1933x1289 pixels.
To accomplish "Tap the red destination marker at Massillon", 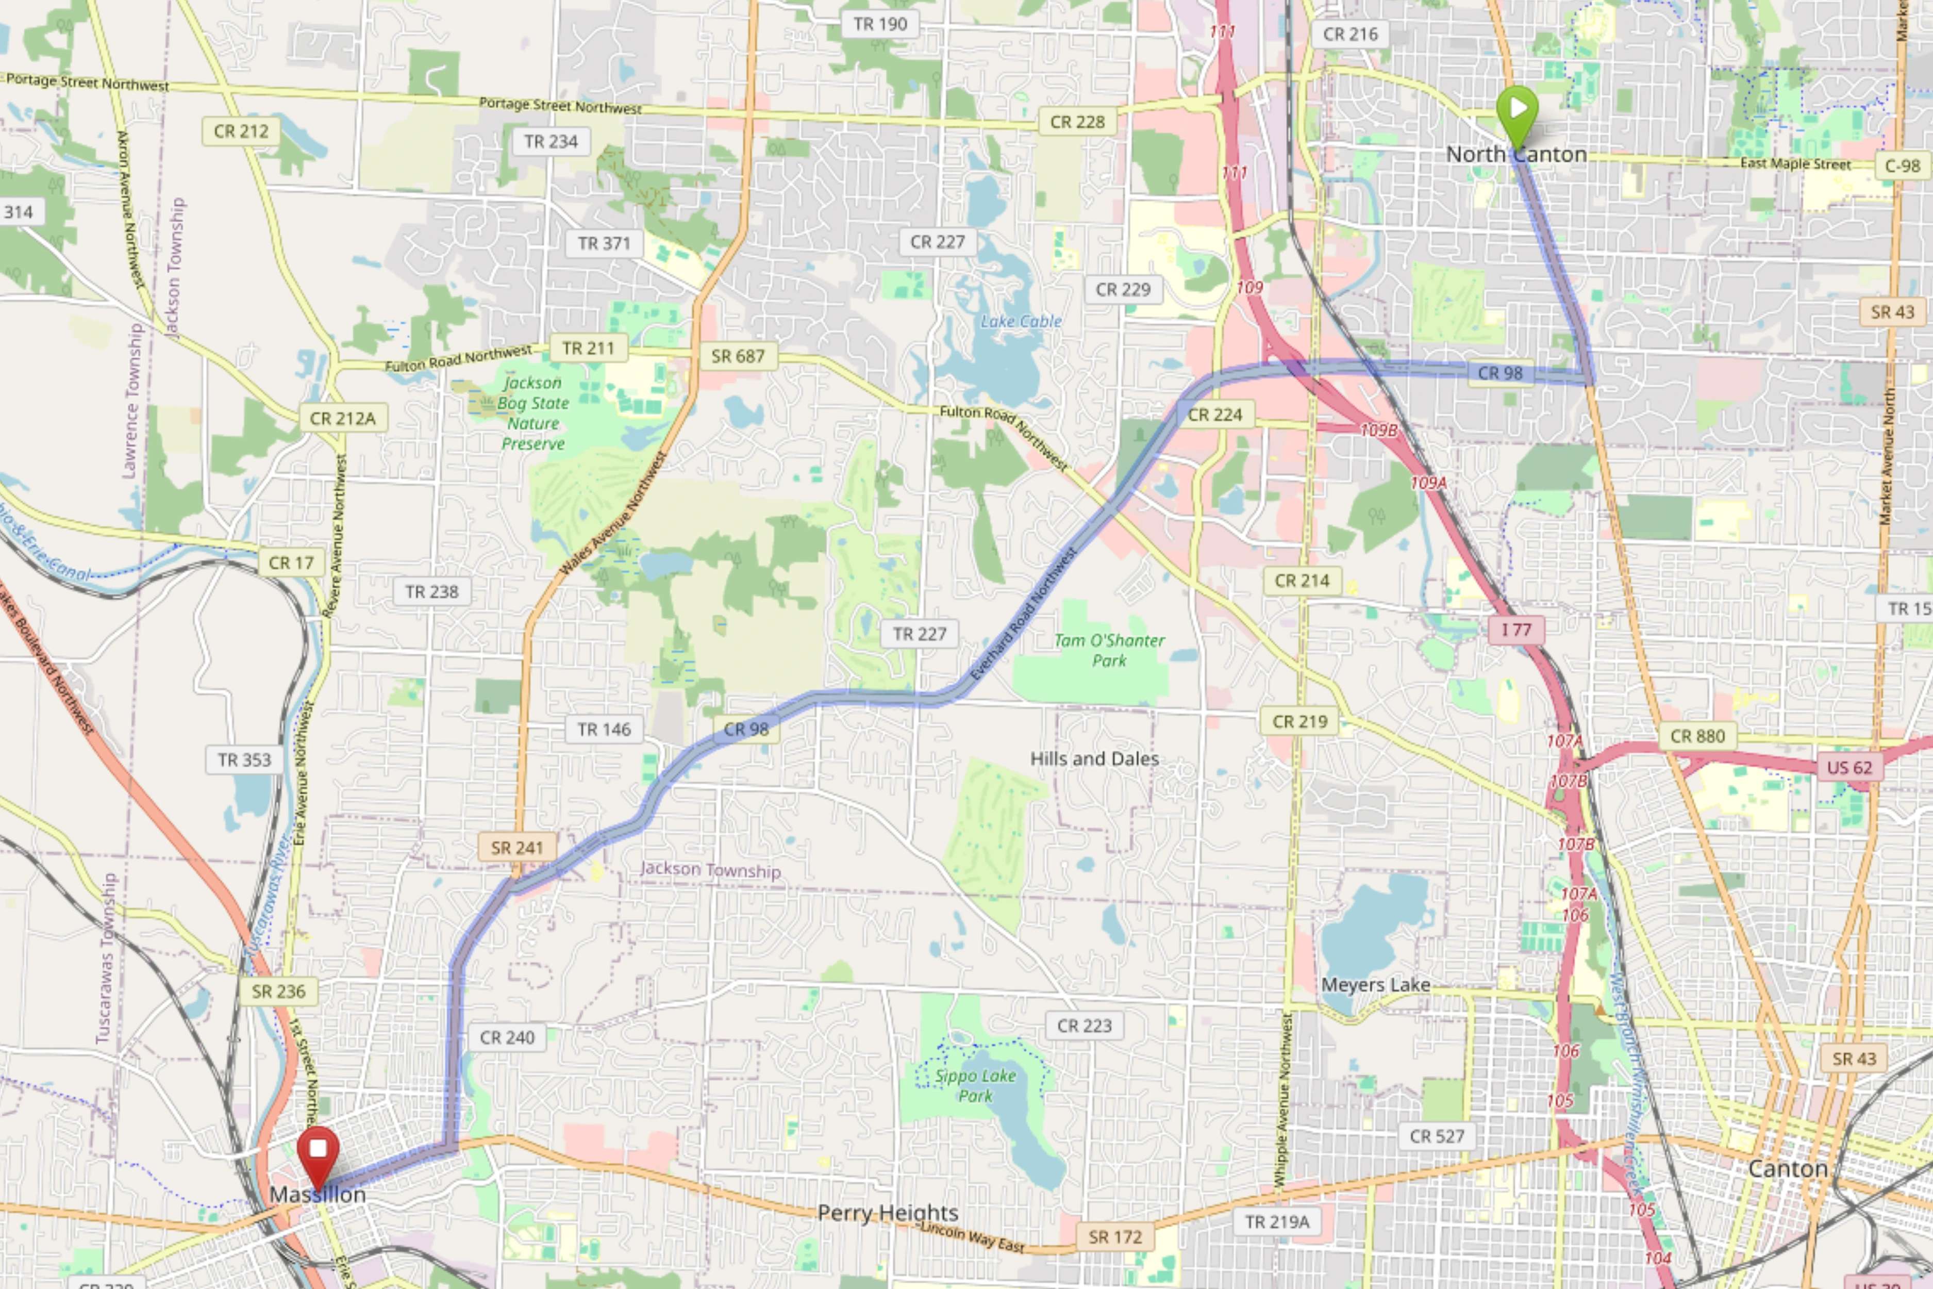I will [x=318, y=1152].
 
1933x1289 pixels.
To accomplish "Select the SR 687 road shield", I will [x=737, y=356].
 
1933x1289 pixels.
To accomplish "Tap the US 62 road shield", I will [x=1848, y=768].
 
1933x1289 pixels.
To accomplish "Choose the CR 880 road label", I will [x=1697, y=736].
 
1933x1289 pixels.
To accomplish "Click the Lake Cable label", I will [x=1021, y=321].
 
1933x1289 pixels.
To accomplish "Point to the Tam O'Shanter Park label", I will [x=1109, y=650].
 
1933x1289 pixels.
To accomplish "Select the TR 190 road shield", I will [x=879, y=24].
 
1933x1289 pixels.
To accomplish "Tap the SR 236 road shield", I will [x=278, y=991].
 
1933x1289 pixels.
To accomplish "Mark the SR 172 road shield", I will [x=1114, y=1236].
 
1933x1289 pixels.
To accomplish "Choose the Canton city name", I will [x=1788, y=1168].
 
